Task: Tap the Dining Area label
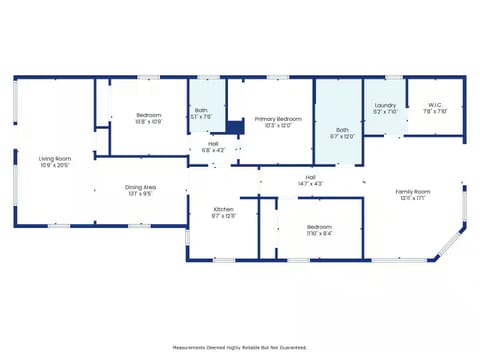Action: point(139,187)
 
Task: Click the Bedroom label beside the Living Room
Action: point(148,115)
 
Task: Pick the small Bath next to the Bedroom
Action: point(201,110)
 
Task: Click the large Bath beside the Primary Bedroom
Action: point(342,129)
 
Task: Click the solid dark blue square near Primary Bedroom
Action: point(234,127)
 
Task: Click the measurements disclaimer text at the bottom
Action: point(239,347)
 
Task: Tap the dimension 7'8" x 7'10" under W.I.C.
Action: point(435,112)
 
